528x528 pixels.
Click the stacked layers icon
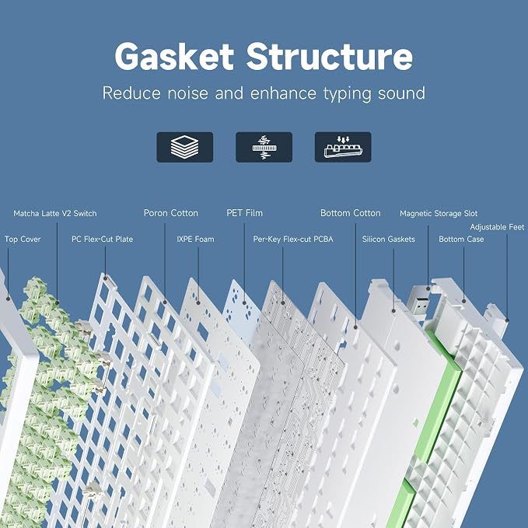click(x=185, y=147)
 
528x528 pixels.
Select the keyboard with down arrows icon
click(x=343, y=147)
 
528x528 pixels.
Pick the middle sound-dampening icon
click(x=264, y=147)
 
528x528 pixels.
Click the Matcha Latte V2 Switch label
click(x=55, y=214)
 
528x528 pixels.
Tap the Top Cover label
click(x=23, y=240)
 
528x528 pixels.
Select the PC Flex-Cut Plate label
click(x=103, y=239)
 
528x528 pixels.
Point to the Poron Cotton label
click(x=171, y=213)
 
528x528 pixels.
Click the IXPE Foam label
click(x=195, y=239)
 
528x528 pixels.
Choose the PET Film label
click(x=244, y=213)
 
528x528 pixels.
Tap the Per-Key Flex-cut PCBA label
click(x=293, y=240)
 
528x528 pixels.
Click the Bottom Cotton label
click(x=350, y=213)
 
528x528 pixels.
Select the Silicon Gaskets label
click(x=388, y=239)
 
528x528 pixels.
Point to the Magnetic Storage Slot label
click(x=439, y=214)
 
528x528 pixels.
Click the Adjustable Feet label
click(x=497, y=227)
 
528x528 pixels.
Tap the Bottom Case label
click(x=461, y=239)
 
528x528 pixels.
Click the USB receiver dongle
click(x=418, y=302)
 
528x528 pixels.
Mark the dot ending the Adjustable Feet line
click(x=507, y=320)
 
